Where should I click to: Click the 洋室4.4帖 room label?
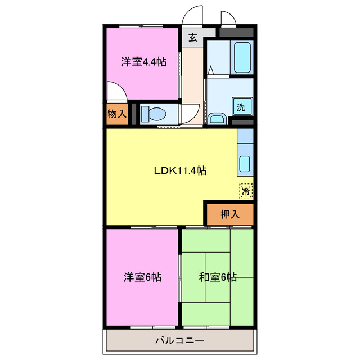click(143, 62)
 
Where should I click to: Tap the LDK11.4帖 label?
click(180, 170)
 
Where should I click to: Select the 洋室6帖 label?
click(143, 277)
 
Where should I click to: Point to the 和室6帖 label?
click(217, 277)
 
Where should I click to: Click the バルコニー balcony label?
click(180, 340)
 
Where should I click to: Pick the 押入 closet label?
click(229, 214)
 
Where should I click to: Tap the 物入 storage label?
click(116, 114)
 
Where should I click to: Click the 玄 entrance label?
click(192, 38)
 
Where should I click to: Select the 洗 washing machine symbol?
click(241, 107)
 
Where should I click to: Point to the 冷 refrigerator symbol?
click(245, 191)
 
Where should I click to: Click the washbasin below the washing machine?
click(217, 118)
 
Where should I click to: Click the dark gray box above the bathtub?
click(236, 33)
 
